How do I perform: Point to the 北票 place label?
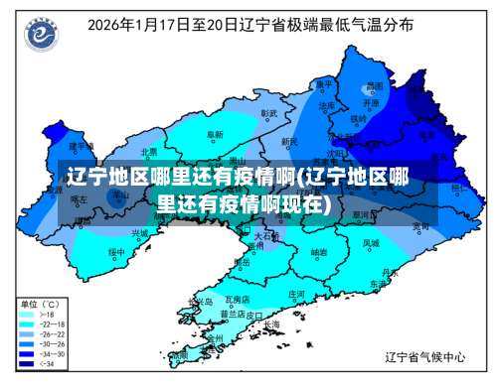click(x=149, y=152)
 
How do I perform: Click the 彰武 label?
click(x=268, y=113)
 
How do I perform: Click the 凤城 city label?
click(x=370, y=241)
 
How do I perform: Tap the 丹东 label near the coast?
click(x=377, y=271)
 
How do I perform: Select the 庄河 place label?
click(x=296, y=294)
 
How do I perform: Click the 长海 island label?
click(x=270, y=323)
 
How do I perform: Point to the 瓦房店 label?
click(x=237, y=298)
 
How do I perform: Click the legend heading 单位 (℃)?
click(x=40, y=303)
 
